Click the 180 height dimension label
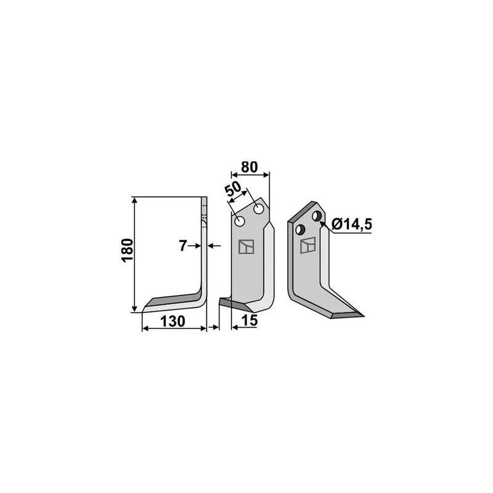pos(128,251)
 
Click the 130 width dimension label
pos(173,321)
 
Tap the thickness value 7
pos(182,246)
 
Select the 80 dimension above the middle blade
pos(250,167)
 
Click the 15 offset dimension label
pos(250,320)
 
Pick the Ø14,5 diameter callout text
pos(352,224)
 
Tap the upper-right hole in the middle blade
pos(259,209)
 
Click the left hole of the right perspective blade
pos(300,229)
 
